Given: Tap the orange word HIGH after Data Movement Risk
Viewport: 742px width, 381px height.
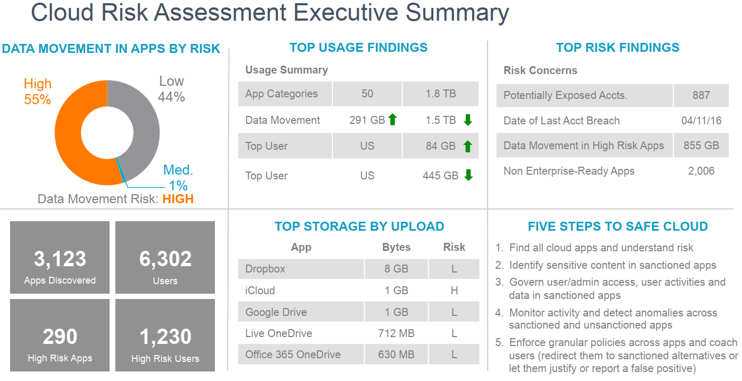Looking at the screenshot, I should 178,199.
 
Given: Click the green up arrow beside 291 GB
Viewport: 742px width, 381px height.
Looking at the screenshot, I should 392,120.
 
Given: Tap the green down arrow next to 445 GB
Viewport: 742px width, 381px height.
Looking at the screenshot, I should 468,176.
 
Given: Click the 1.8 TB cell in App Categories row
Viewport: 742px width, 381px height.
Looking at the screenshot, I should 440,94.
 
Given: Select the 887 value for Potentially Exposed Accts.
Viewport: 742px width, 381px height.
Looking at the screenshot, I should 701,95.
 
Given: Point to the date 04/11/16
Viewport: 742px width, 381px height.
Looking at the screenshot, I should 701,121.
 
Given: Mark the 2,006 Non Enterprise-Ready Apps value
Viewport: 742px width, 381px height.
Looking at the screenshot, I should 701,171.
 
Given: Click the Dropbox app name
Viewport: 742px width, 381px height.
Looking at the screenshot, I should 265,269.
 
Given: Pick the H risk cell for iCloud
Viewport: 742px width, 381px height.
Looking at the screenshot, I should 454,291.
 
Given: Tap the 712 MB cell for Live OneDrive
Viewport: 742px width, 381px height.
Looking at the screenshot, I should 396,333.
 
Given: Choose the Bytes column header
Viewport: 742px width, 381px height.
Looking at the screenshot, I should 396,247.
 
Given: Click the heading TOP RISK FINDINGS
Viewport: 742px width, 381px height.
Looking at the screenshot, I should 618,48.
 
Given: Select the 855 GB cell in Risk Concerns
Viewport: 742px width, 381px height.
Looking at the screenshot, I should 701,146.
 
